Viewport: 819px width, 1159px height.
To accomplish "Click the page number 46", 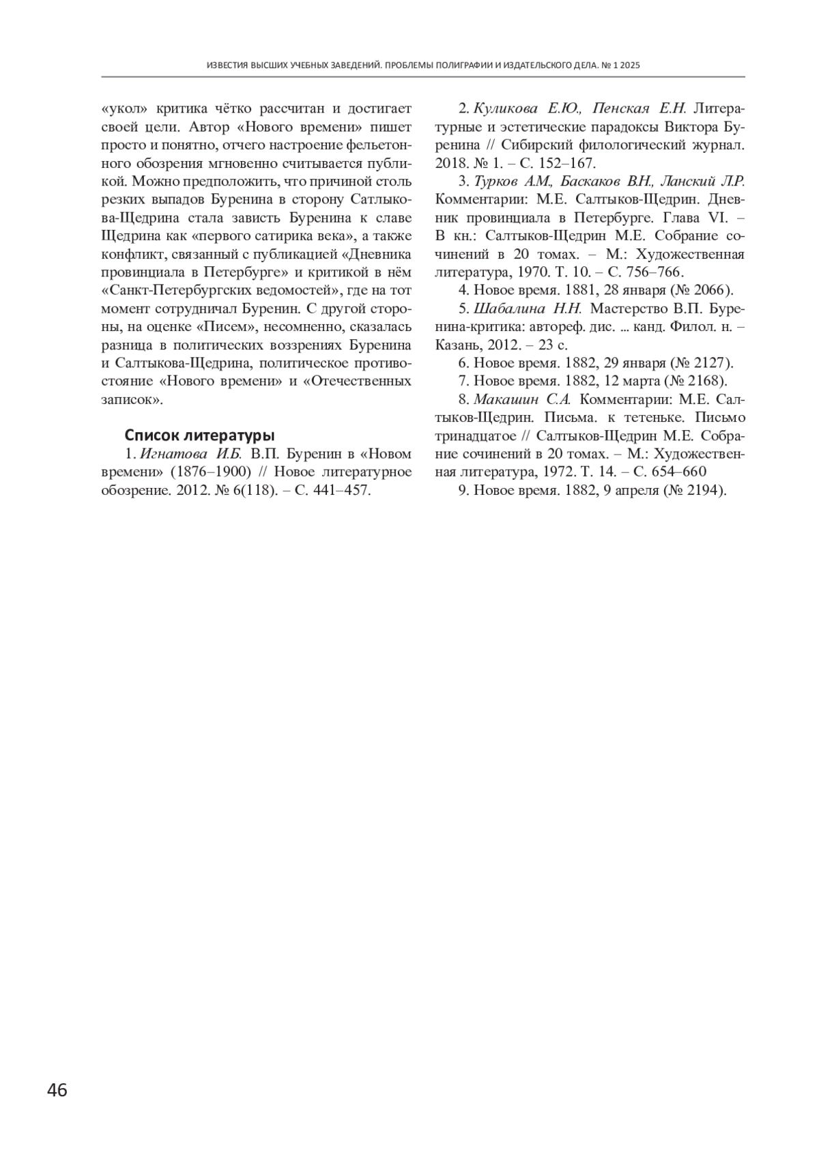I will (x=57, y=1090).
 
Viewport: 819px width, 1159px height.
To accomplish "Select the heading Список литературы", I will (x=199, y=435).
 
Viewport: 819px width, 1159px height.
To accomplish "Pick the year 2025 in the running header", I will (x=629, y=66).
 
